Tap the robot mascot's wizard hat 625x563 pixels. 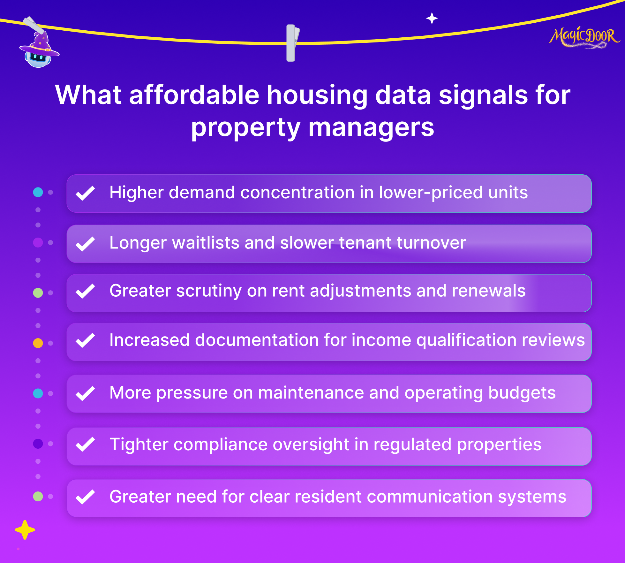click(40, 45)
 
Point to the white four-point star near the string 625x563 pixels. click(432, 18)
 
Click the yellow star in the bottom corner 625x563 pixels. click(25, 530)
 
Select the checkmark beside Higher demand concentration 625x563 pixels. click(85, 193)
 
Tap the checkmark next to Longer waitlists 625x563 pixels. click(85, 244)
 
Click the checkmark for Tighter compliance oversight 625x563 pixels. click(85, 444)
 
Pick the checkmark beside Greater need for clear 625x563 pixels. click(85, 497)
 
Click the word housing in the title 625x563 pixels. click(317, 95)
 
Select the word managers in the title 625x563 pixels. click(371, 127)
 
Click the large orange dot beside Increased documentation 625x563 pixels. click(38, 343)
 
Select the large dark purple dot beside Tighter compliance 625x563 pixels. click(38, 444)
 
